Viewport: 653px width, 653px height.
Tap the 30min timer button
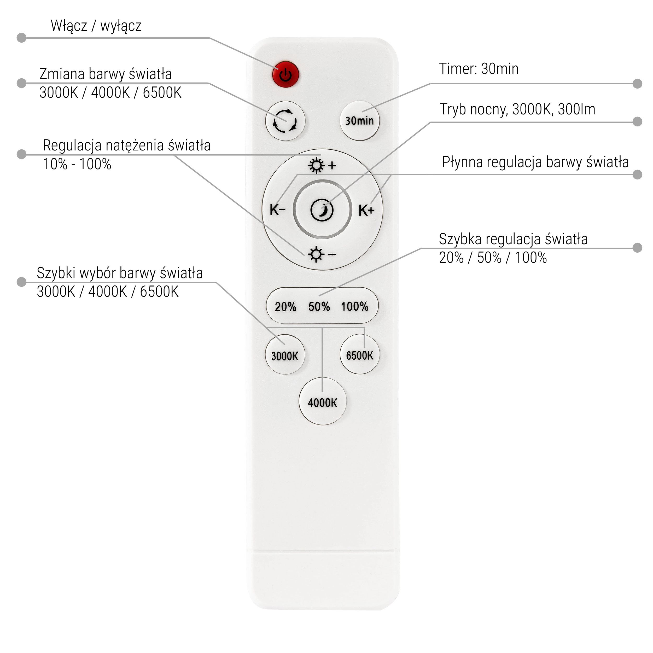coord(359,121)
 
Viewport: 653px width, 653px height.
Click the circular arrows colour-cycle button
coord(285,121)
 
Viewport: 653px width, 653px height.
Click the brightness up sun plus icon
coord(322,165)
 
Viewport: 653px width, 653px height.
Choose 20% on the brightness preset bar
coord(285,307)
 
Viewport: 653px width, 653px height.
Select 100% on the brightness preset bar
coord(354,307)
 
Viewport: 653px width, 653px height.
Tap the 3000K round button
coord(285,355)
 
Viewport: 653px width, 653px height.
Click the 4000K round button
coord(322,402)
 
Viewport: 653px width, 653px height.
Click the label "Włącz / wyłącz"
coord(96,26)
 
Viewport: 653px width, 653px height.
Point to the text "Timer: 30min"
coord(479,69)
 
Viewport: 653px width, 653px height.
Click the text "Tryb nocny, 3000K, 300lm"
coord(517,109)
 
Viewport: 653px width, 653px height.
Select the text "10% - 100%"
coord(77,164)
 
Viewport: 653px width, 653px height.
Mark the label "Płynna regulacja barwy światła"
coord(535,162)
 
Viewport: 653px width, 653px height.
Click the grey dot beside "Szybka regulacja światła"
coord(637,248)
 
